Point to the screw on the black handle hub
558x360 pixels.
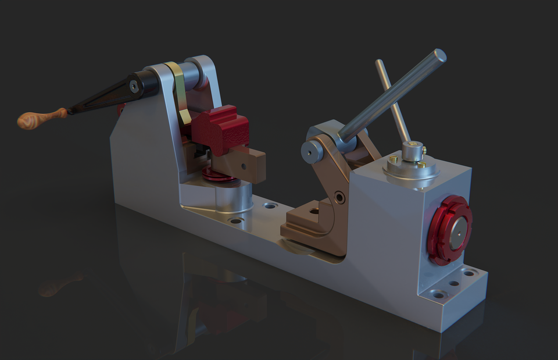pos(134,87)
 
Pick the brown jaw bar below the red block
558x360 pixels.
pos(244,163)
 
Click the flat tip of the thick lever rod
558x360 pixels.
pos(440,56)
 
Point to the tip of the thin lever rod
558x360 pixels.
pos(379,62)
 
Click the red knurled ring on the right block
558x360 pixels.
pos(449,230)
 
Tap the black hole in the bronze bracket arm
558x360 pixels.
pos(339,198)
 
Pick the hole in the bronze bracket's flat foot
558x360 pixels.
pos(314,211)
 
